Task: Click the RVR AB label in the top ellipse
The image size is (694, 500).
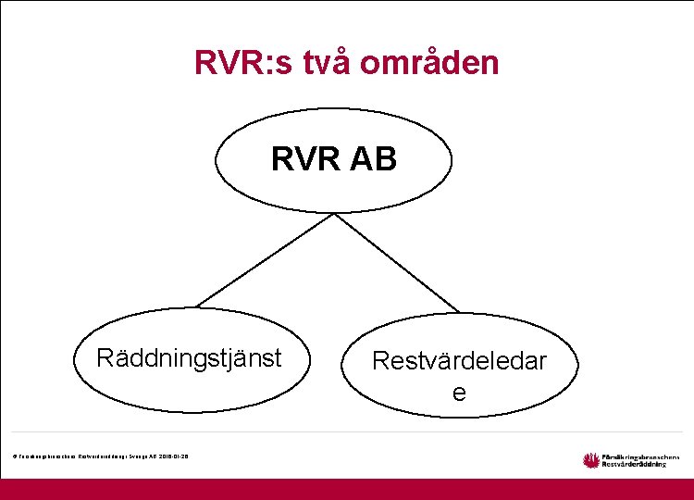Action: [x=334, y=159]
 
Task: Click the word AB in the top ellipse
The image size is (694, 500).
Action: [x=374, y=159]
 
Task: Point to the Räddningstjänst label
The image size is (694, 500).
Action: [x=189, y=358]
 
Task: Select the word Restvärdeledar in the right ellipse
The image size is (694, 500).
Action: [x=459, y=361]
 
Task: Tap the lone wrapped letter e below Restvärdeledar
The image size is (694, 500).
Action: [x=459, y=393]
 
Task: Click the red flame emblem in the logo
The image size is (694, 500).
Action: [x=591, y=459]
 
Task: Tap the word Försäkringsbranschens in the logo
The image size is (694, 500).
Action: [x=640, y=456]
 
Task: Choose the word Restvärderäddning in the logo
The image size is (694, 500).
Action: [x=635, y=465]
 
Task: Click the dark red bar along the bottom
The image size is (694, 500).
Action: [x=347, y=489]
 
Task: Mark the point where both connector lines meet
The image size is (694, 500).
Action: [x=333, y=212]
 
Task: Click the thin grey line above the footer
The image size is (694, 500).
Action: [x=347, y=431]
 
